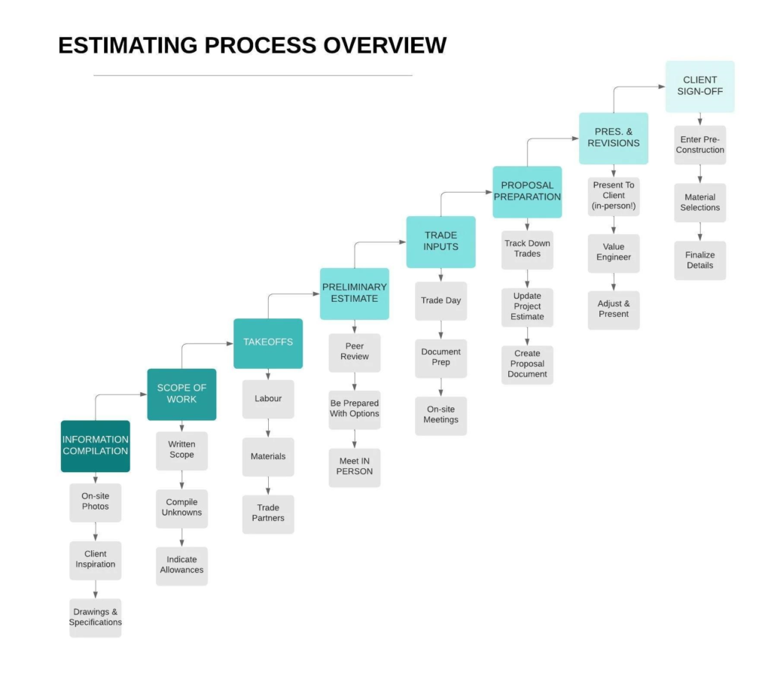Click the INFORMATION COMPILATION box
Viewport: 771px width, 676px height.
tap(96, 446)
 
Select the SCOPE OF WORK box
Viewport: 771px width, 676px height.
tap(182, 394)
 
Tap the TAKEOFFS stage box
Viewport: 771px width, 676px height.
tap(268, 343)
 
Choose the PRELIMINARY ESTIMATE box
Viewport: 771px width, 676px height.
tap(355, 294)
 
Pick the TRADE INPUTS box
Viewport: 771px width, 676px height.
tap(441, 242)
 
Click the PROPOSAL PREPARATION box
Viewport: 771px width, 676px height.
tap(527, 192)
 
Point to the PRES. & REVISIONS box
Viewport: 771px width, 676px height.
tap(614, 139)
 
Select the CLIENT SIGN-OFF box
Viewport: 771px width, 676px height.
tap(700, 87)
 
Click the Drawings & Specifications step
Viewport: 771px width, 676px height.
tap(96, 617)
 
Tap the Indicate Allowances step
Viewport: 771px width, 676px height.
tap(182, 566)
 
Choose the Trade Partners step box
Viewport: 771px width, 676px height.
tap(268, 514)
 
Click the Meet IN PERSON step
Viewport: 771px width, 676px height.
tap(355, 467)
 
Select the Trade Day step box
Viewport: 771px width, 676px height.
tap(441, 301)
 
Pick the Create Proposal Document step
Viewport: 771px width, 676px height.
tap(527, 365)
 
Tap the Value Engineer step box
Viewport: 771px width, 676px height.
tap(614, 253)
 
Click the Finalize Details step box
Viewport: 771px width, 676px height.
tap(700, 260)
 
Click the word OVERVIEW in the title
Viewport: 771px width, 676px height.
tap(385, 45)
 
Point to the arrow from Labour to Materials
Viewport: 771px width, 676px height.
tap(268, 428)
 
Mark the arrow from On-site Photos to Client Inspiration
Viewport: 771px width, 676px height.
tap(96, 531)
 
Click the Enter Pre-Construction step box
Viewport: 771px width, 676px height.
tap(700, 145)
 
